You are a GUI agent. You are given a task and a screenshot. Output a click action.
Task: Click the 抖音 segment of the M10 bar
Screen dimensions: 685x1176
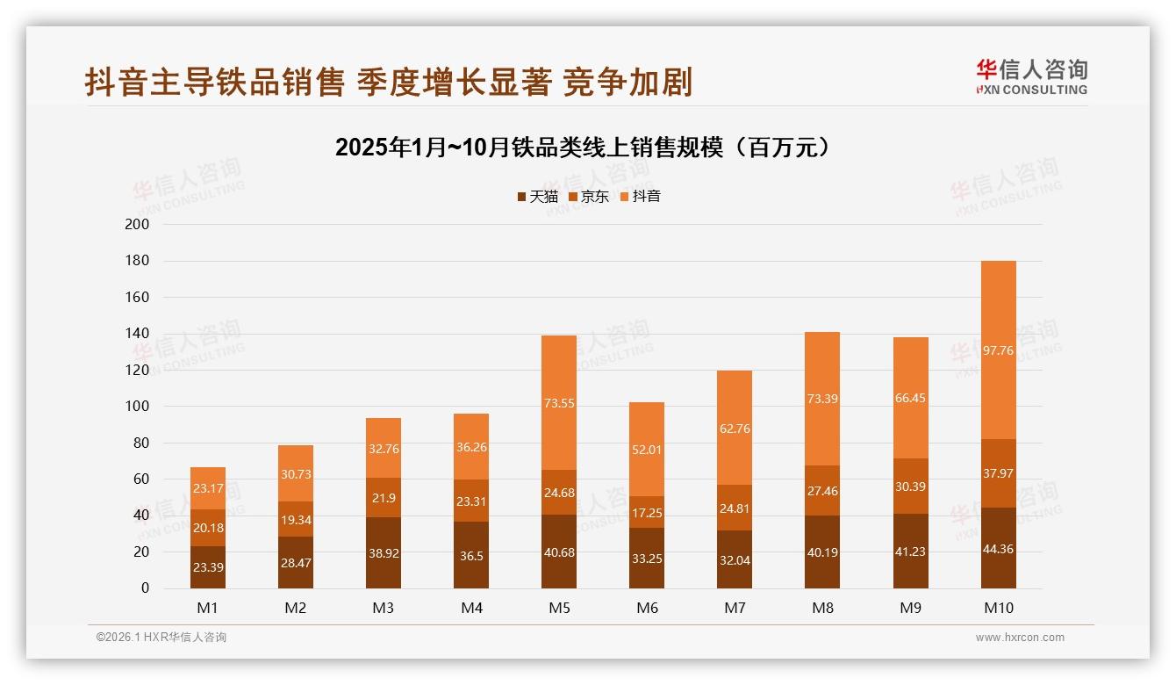[x=998, y=350]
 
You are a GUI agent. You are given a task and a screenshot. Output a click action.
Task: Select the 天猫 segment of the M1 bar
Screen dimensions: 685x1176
[x=208, y=567]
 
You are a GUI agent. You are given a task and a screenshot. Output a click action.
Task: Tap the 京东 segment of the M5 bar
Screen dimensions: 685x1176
[x=559, y=492]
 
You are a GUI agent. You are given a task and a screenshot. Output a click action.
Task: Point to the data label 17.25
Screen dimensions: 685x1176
[x=647, y=512]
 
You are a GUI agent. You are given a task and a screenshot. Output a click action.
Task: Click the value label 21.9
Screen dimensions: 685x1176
[x=384, y=498]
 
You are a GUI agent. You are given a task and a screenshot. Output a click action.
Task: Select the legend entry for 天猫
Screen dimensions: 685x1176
[x=537, y=197]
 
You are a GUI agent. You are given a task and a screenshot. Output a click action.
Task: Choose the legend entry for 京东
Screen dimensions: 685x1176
[x=589, y=197]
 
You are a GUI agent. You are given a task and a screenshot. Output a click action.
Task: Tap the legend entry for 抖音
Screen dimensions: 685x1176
[x=641, y=197]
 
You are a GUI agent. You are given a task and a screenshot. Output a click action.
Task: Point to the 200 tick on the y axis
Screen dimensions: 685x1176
[x=138, y=225]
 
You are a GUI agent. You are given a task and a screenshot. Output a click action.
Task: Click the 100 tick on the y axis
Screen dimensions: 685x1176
[x=138, y=407]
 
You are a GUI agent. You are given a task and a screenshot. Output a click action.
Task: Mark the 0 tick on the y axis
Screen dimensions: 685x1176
[x=145, y=588]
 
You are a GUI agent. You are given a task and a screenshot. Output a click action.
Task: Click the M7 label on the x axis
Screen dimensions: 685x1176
[x=735, y=608]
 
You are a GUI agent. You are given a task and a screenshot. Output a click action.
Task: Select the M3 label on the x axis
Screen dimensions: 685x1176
[x=384, y=608]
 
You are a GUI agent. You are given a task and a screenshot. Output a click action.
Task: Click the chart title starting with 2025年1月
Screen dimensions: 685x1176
[x=583, y=148]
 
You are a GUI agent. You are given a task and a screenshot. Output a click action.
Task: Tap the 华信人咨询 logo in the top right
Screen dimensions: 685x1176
[x=1031, y=76]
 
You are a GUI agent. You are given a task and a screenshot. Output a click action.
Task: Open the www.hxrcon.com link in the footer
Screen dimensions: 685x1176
[x=1020, y=638]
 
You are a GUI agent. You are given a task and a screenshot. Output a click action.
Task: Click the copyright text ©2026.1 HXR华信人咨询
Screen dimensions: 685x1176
[x=161, y=638]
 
